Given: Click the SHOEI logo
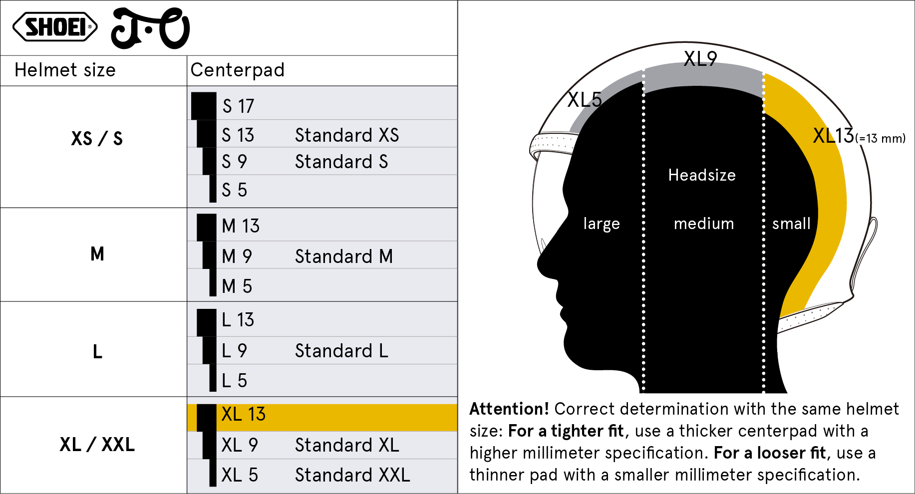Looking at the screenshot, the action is click(55, 27).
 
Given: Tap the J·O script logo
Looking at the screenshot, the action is click(150, 28).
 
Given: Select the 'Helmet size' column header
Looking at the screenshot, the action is click(65, 70).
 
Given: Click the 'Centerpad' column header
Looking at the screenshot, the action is click(238, 70).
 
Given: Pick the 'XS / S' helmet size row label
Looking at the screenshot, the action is click(97, 138).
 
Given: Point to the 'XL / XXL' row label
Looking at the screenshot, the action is click(97, 444).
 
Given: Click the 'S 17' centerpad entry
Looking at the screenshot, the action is click(239, 106).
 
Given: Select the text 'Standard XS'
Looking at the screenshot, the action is click(347, 135).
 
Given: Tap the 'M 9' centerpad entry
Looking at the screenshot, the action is click(237, 256).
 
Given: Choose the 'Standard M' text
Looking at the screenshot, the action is click(344, 256).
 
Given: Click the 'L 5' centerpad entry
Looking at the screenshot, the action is click(234, 381).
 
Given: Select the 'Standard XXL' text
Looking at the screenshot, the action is click(352, 475).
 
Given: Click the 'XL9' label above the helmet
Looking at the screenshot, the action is click(700, 59).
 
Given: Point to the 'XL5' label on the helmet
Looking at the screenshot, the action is click(585, 100).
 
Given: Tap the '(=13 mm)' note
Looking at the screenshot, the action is click(881, 138).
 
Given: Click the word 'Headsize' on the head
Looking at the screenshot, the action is click(702, 175).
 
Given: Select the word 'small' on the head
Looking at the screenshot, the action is click(791, 224).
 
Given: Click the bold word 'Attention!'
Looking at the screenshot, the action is click(509, 409).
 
